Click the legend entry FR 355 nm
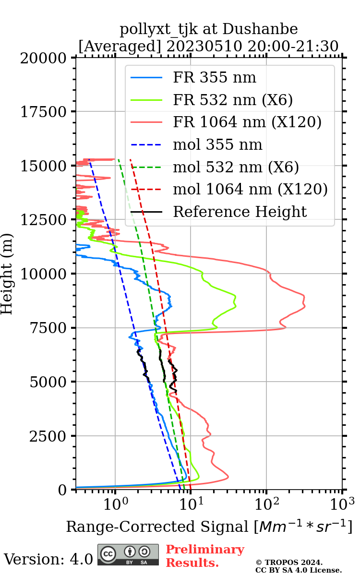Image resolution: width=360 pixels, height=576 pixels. click(215, 77)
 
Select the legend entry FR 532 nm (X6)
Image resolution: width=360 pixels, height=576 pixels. click(233, 100)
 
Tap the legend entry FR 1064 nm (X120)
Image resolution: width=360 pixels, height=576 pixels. click(247, 122)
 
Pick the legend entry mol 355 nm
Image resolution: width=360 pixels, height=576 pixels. click(217, 144)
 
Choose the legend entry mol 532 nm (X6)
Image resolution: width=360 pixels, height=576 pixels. click(236, 167)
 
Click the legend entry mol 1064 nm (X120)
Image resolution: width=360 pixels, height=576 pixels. click(250, 189)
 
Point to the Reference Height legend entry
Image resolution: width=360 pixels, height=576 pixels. click(240, 212)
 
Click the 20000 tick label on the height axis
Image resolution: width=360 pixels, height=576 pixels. click(44, 58)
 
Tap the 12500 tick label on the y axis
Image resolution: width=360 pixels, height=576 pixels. click(44, 220)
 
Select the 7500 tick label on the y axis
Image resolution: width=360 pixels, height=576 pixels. click(48, 328)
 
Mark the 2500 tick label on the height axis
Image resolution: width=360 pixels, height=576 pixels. click(48, 436)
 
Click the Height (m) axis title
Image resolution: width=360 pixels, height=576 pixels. click(7, 274)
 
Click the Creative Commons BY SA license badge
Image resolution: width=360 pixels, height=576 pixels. click(128, 555)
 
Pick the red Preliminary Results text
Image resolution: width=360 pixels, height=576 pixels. click(205, 556)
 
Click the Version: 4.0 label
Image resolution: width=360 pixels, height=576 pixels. click(48, 559)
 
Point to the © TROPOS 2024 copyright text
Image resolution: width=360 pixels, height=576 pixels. click(289, 563)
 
